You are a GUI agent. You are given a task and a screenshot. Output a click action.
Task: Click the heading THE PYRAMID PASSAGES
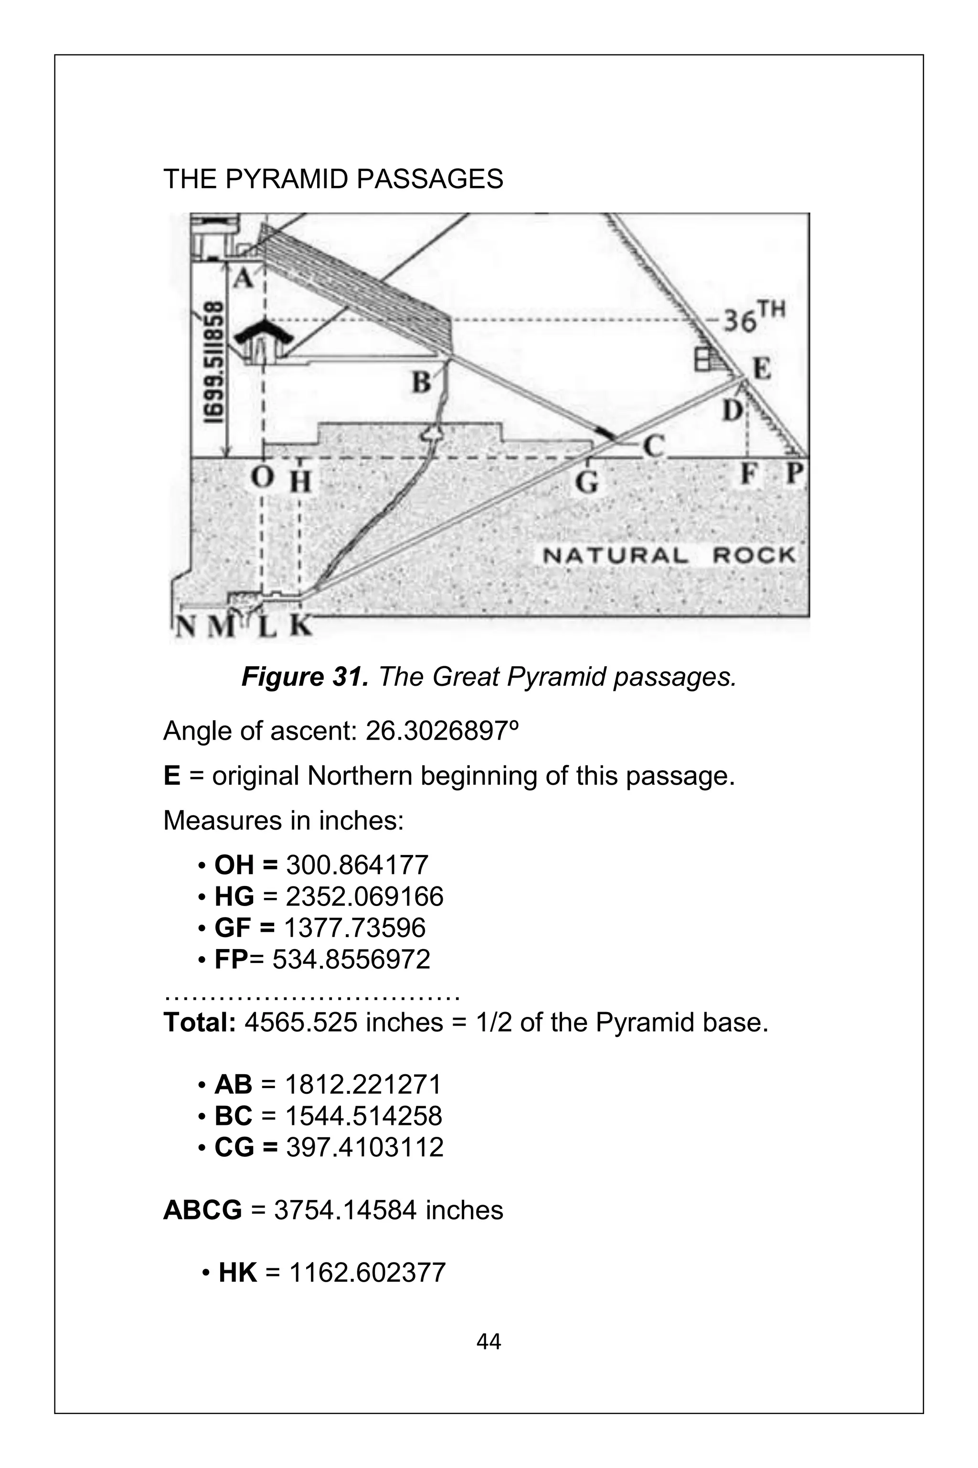[x=332, y=180]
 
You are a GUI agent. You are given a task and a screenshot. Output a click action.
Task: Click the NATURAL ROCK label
[x=669, y=555]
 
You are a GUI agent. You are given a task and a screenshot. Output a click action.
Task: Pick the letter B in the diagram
[x=422, y=381]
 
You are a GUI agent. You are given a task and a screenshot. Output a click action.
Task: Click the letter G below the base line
[x=587, y=482]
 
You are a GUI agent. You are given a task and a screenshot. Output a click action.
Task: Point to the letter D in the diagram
[x=733, y=410]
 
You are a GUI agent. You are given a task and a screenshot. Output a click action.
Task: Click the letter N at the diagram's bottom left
[x=185, y=626]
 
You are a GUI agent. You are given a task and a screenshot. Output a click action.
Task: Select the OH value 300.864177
[x=357, y=865]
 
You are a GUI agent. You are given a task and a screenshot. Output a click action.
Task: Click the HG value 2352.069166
[x=364, y=897]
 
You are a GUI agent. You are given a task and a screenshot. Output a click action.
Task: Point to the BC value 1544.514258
[x=363, y=1116]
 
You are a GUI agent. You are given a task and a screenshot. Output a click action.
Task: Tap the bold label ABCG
[x=202, y=1210]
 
